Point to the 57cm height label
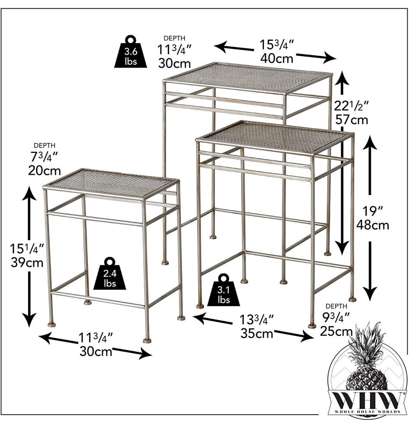(x=352, y=120)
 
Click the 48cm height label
(x=373, y=225)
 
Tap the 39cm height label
(x=27, y=262)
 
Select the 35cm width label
(x=256, y=333)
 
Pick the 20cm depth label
(x=45, y=171)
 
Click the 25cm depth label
(x=336, y=331)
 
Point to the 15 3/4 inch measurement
(x=276, y=45)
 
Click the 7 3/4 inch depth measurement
(x=44, y=157)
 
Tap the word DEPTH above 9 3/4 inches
(x=336, y=306)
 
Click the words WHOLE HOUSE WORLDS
(x=368, y=412)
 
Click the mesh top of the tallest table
(x=248, y=77)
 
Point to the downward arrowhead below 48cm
(x=370, y=294)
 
